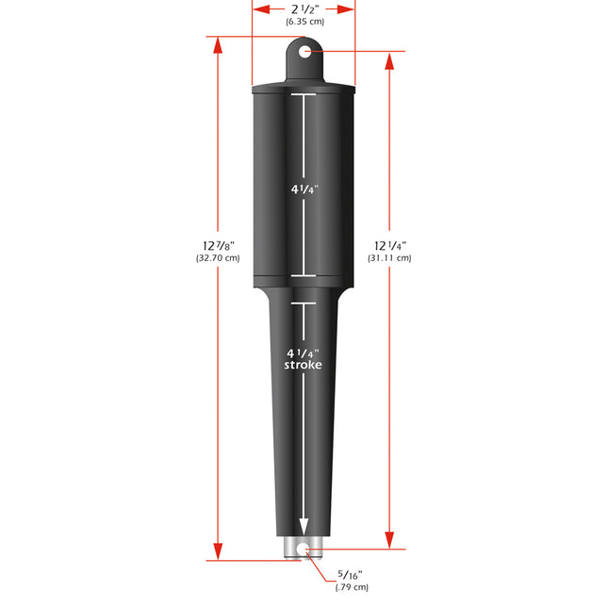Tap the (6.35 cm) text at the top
coord(304,21)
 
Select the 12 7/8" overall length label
coord(218,244)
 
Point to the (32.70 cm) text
coord(218,257)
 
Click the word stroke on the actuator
coord(304,365)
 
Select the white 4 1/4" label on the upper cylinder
coord(304,189)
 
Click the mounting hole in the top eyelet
coord(304,51)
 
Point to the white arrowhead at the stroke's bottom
coord(304,528)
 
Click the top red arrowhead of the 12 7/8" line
coord(219,45)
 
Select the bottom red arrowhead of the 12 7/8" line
coord(219,553)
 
